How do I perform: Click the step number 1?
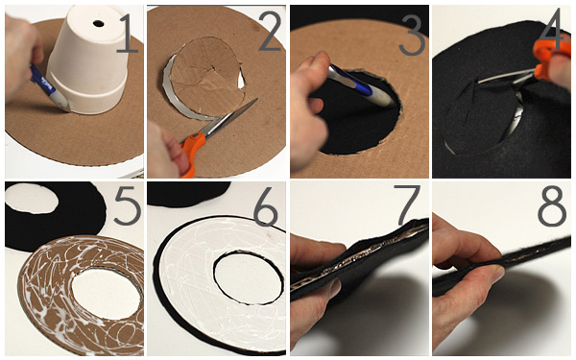pyautogui.click(x=127, y=32)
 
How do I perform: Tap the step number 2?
pyautogui.click(x=270, y=32)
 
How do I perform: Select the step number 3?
pyautogui.click(x=412, y=36)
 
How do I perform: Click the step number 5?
pyautogui.click(x=128, y=205)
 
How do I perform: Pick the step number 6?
pyautogui.click(x=265, y=206)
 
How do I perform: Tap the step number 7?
pyautogui.click(x=406, y=205)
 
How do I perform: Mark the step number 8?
pyautogui.click(x=551, y=205)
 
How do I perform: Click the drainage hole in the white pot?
pyautogui.click(x=99, y=24)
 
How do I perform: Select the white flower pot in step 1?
pyautogui.click(x=88, y=59)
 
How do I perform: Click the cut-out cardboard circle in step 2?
pyautogui.click(x=206, y=77)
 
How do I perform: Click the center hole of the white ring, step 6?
pyautogui.click(x=249, y=278)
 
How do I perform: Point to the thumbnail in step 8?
pyautogui.click(x=496, y=274)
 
